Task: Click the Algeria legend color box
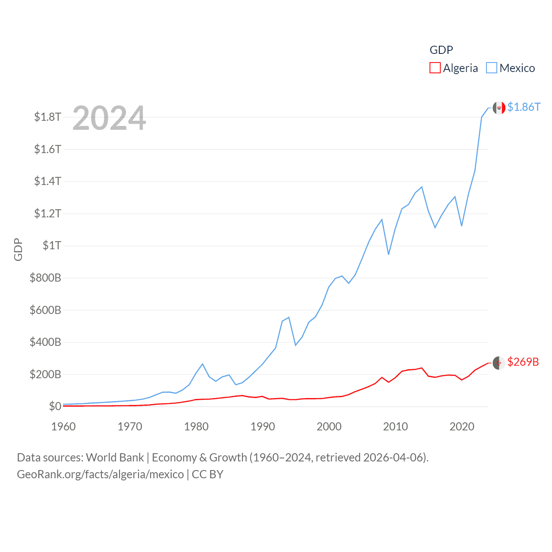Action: point(435,68)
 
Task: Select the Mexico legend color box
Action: point(492,68)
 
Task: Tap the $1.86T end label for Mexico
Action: point(524,107)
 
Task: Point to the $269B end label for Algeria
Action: point(523,362)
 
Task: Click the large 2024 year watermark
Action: point(109,118)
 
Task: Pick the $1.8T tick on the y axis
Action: point(47,117)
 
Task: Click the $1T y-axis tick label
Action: point(52,245)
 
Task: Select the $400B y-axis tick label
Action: point(45,342)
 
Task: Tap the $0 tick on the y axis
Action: point(55,406)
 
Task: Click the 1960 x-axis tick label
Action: point(63,427)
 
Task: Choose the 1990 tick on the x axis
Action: point(263,427)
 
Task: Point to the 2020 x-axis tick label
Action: point(462,427)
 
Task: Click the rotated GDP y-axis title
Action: point(18,249)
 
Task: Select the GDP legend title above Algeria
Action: point(441,50)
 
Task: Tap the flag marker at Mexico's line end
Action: point(499,108)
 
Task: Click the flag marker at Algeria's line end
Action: point(499,363)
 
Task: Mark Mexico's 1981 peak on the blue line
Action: point(203,364)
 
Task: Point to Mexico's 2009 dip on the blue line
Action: point(389,254)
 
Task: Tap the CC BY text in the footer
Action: point(207,474)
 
